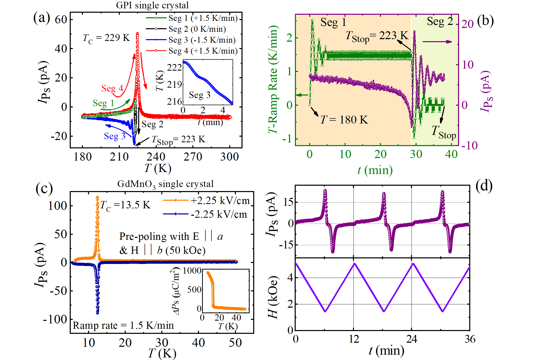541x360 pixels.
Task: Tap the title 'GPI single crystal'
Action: [152, 5]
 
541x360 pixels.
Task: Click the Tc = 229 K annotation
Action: [106, 38]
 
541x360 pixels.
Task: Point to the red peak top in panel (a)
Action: [137, 33]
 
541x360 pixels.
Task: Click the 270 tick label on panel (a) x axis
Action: [193, 157]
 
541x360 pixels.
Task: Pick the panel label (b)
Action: [485, 21]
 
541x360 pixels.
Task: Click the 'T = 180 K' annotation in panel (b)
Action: [344, 120]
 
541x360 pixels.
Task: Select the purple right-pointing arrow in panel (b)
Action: [437, 42]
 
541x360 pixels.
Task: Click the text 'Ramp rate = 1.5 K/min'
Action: [123, 325]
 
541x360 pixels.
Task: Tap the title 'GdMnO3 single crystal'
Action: [165, 184]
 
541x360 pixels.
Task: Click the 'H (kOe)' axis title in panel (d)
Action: [273, 297]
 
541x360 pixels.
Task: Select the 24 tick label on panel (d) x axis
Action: [411, 339]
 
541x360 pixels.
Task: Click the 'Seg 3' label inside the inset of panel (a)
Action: [200, 95]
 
